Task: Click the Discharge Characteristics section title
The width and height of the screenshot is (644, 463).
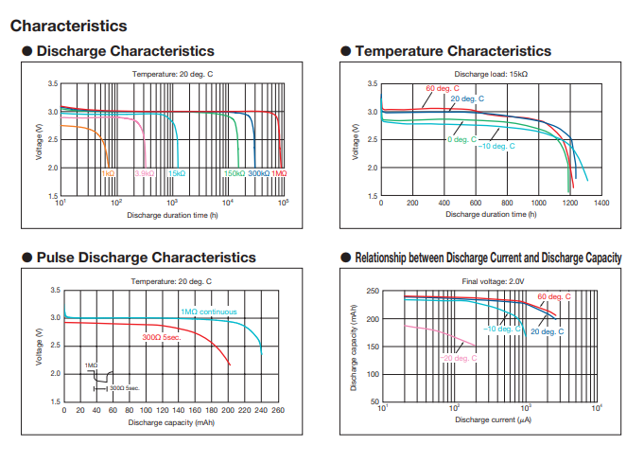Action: [125, 51]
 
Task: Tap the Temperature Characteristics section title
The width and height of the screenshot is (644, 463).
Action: [451, 51]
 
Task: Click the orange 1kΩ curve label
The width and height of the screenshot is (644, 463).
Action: [109, 173]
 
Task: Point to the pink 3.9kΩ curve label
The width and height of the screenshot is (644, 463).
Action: [145, 173]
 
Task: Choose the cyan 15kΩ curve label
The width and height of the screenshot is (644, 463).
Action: [178, 173]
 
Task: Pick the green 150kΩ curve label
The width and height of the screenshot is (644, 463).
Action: [234, 173]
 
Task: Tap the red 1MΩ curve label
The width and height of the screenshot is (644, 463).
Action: [279, 173]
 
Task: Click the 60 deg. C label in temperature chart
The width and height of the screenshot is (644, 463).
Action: [443, 89]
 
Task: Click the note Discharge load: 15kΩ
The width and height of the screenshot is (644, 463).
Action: [491, 74]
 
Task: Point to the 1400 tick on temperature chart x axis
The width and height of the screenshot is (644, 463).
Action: [601, 203]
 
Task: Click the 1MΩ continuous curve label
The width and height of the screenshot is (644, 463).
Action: [209, 312]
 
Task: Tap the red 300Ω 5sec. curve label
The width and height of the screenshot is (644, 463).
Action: [161, 336]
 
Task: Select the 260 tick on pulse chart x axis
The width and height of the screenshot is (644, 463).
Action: [278, 409]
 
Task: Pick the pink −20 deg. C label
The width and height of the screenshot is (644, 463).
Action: [458, 358]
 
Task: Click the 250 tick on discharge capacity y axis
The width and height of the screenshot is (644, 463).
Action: [373, 292]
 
